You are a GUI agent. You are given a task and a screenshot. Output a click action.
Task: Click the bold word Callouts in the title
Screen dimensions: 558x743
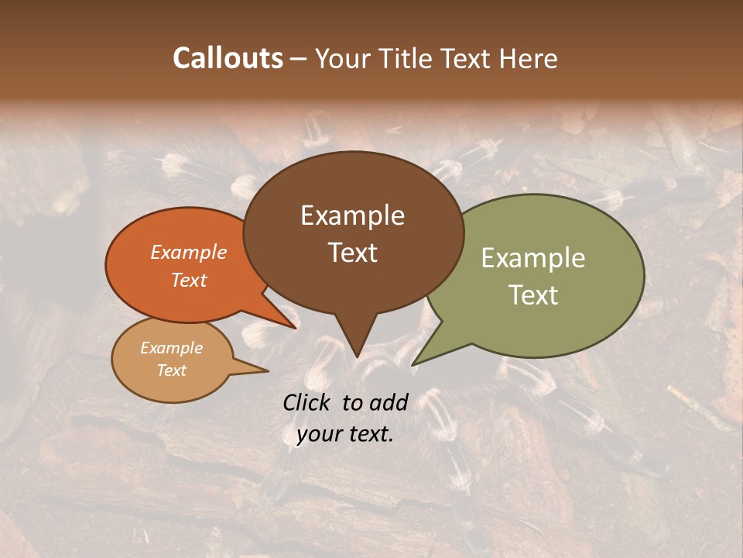[228, 58]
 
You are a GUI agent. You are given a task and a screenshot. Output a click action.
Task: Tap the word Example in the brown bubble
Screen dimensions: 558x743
[352, 215]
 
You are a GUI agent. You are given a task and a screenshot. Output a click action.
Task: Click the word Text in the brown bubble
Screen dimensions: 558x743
[352, 252]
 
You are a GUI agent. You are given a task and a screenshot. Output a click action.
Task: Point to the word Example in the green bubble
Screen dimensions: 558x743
[533, 258]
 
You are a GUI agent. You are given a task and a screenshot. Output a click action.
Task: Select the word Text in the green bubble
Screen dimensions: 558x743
[533, 294]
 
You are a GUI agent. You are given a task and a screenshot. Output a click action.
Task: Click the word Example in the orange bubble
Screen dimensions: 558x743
[188, 252]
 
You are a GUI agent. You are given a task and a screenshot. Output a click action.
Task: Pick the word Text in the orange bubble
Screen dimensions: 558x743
[188, 280]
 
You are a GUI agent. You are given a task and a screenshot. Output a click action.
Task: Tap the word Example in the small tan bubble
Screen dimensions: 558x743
[171, 348]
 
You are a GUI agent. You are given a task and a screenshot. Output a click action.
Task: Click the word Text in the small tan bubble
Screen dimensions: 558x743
[171, 370]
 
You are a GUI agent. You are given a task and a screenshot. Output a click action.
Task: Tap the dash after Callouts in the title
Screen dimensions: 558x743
[299, 59]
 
